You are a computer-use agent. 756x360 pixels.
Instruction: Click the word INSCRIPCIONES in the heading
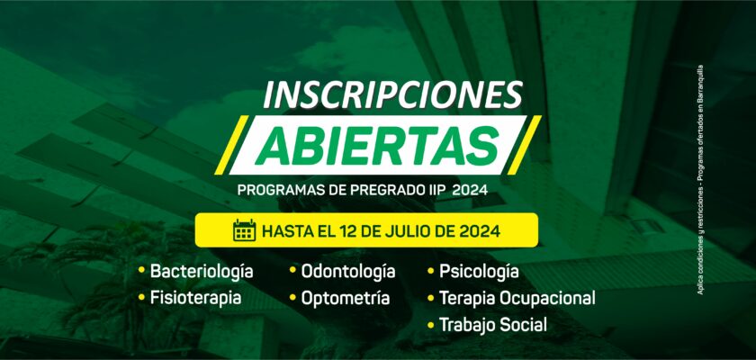point(393,94)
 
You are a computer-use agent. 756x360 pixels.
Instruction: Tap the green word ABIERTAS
point(377,146)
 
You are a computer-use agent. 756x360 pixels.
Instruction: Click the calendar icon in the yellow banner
point(245,230)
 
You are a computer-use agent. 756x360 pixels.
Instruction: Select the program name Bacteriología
point(202,272)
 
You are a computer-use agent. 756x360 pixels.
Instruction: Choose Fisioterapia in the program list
point(196,297)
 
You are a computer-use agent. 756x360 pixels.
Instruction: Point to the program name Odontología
point(348,271)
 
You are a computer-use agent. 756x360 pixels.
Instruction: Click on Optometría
point(346,298)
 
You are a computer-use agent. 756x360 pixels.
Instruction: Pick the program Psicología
point(479,272)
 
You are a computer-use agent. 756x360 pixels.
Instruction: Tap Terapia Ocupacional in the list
point(517,298)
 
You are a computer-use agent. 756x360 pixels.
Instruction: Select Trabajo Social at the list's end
point(493,324)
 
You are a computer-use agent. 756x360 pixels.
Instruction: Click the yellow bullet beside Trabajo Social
point(430,324)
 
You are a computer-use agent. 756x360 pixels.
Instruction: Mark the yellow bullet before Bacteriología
point(141,270)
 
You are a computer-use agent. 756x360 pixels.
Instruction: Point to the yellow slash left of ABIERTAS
point(231,145)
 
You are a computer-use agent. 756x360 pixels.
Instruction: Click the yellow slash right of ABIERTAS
point(524,145)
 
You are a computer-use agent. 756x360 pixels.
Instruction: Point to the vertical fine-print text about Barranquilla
point(699,180)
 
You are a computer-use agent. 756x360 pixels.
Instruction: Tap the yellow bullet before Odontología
point(292,270)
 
